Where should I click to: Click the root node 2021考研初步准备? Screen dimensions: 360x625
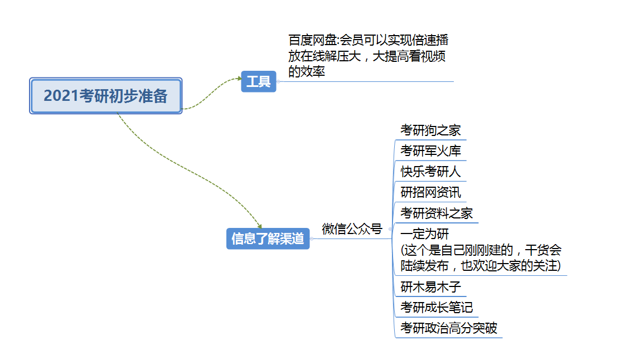click(105, 96)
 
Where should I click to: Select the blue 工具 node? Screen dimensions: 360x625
click(259, 82)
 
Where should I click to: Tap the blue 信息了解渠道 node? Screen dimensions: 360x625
click(268, 239)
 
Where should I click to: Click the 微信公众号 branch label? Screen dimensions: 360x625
click(352, 229)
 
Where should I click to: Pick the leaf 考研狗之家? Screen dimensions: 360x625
click(430, 131)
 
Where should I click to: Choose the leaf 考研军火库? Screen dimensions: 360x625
click(430, 151)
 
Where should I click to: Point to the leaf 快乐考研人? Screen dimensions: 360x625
click(430, 172)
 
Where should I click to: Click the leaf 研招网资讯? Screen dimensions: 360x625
click(430, 192)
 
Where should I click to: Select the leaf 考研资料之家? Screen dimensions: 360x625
click(436, 213)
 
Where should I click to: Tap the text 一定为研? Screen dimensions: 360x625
click(425, 234)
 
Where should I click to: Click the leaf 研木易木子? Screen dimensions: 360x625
click(430, 288)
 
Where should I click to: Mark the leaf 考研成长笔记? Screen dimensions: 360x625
click(437, 308)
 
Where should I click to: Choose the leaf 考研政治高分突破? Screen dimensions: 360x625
click(448, 328)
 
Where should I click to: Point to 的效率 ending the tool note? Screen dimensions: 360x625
click(307, 71)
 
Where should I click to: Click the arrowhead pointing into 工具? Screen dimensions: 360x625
click(239, 79)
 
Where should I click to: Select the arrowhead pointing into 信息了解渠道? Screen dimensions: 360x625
click(259, 226)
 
